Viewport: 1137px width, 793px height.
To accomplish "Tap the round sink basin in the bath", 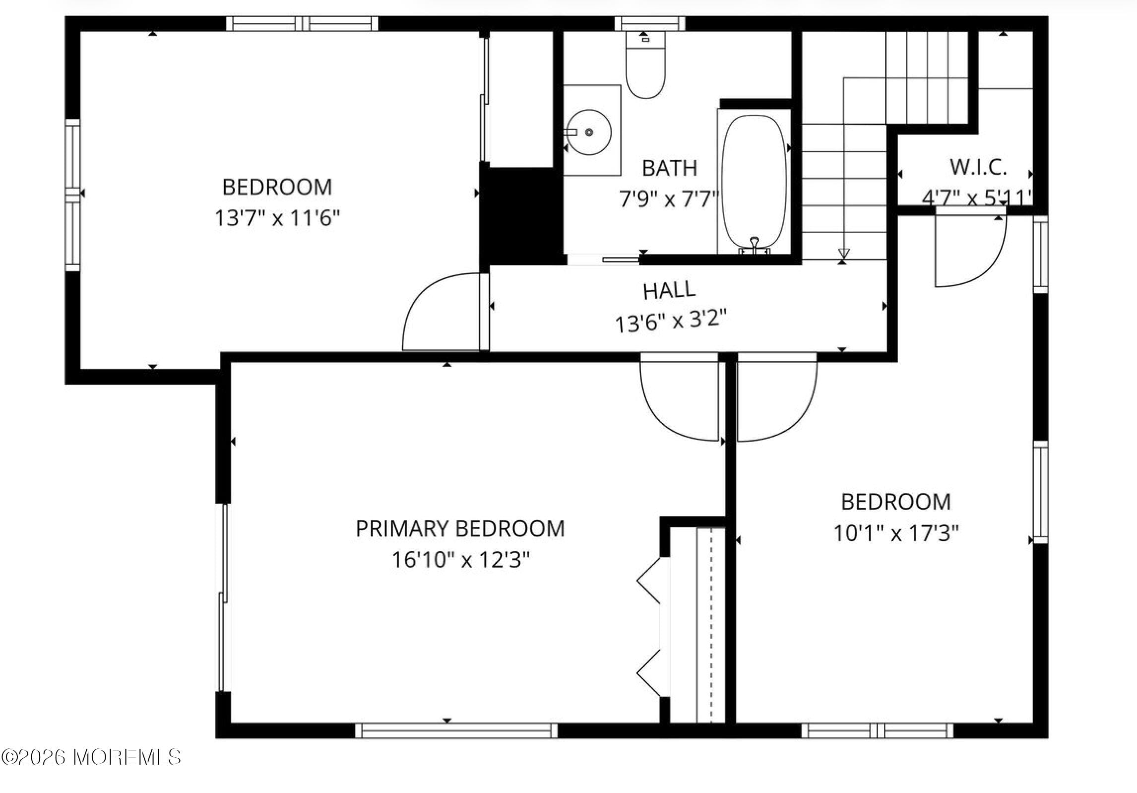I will (589, 132).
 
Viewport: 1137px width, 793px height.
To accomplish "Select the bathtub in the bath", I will (754, 182).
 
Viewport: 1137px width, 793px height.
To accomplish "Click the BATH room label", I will (669, 168).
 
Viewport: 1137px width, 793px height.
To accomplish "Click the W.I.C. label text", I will (978, 167).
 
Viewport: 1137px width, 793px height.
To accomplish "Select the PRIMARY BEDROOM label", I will (460, 529).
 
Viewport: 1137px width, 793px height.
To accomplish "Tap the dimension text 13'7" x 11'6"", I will (277, 218).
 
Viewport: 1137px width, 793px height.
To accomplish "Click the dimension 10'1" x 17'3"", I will (896, 533).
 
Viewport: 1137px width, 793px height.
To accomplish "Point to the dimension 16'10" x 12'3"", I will (460, 560).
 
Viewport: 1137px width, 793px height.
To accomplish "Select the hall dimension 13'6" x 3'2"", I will (671, 322).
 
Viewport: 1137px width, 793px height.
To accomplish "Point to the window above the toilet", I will (650, 23).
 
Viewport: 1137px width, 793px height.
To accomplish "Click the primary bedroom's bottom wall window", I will (456, 730).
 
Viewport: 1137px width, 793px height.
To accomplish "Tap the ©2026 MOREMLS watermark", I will (91, 757).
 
